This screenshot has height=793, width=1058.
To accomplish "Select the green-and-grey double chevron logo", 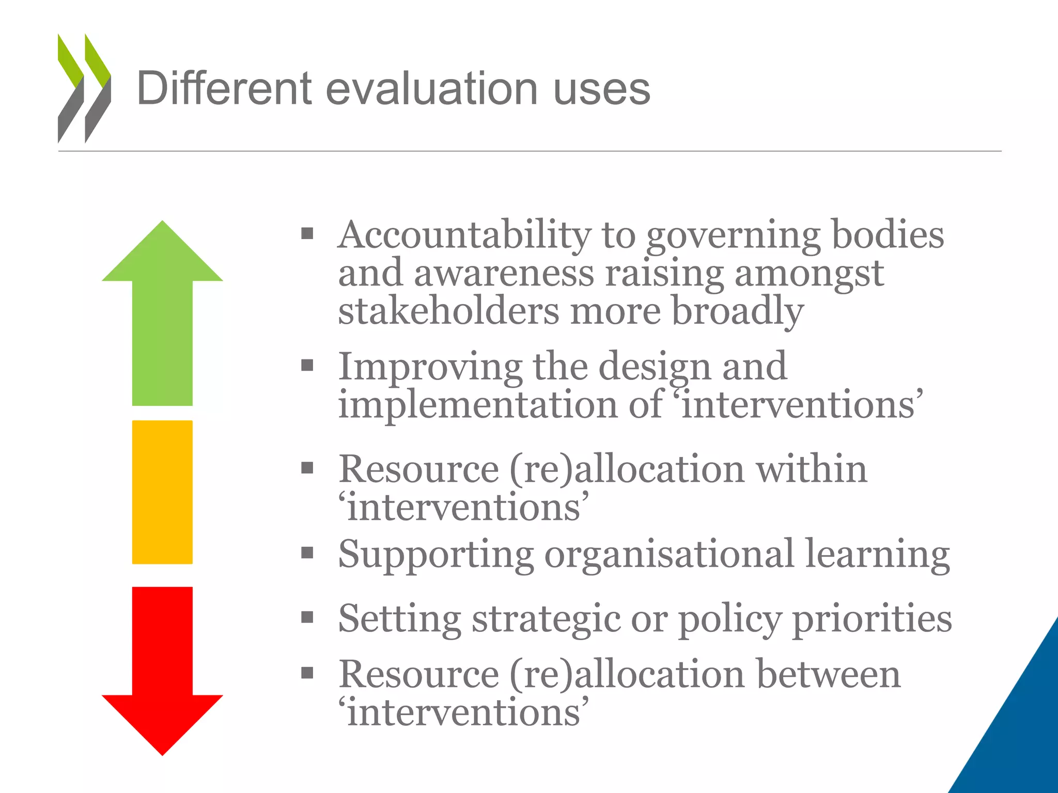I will (x=84, y=88).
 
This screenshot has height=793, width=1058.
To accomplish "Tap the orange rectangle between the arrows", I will (x=162, y=491).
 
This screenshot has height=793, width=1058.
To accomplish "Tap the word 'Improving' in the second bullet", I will (x=430, y=367).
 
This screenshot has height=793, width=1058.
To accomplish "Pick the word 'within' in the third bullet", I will (x=811, y=469).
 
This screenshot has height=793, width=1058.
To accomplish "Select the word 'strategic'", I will (x=546, y=620).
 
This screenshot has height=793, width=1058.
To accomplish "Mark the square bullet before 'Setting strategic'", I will (x=307, y=617).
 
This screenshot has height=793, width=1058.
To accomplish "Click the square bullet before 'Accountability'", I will (x=307, y=234).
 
